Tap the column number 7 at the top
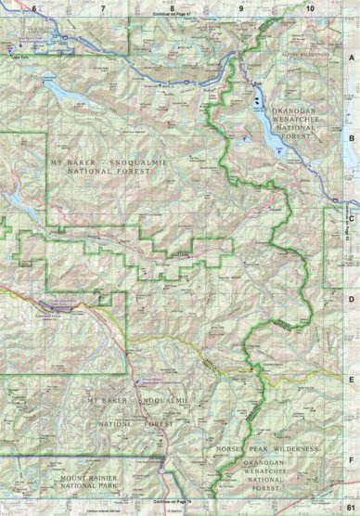point(103,7)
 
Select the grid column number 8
point(172,7)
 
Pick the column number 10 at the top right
point(308,7)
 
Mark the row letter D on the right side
point(352,300)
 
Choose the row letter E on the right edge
point(352,381)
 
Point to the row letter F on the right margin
point(352,458)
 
